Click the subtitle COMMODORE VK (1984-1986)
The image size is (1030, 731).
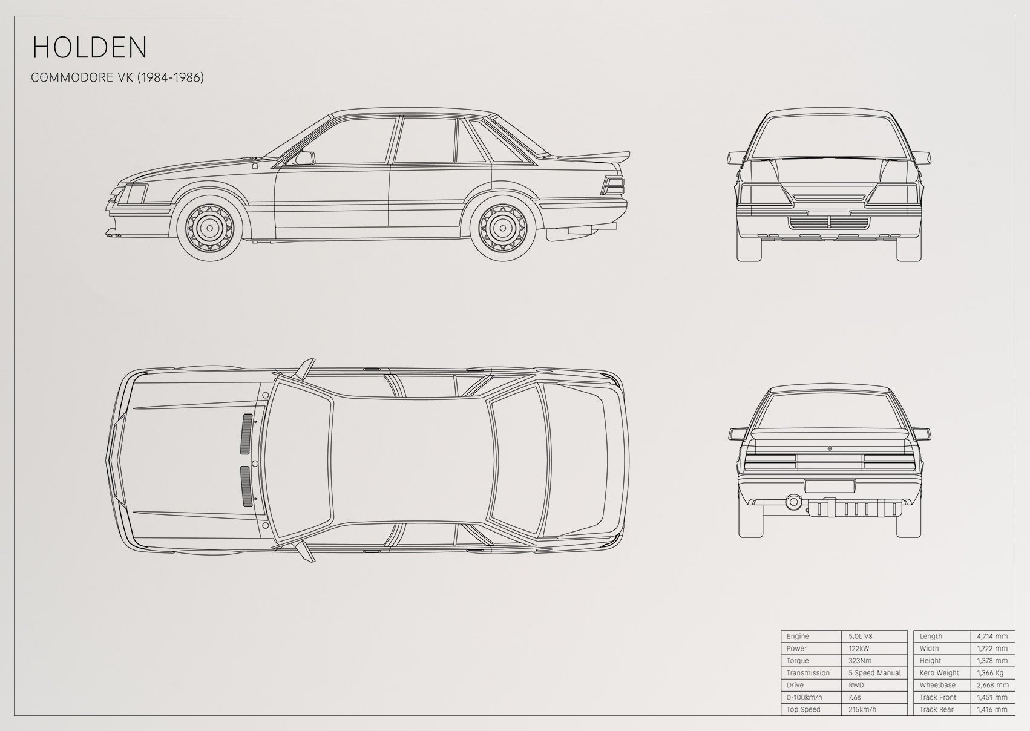point(117,77)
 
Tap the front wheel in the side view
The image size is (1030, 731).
point(209,228)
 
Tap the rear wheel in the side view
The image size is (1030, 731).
point(502,228)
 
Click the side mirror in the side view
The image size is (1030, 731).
point(305,158)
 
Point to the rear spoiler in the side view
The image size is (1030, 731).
point(593,156)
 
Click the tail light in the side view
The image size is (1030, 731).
point(613,186)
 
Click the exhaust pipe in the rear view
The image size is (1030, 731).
point(793,502)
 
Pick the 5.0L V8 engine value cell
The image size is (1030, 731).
point(861,636)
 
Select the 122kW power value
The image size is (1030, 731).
point(859,648)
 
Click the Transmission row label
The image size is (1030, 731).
point(808,673)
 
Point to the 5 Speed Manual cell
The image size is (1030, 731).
point(874,673)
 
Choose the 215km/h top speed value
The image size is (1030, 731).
point(862,709)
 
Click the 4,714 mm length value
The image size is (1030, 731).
point(992,636)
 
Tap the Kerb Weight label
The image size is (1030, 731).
point(939,673)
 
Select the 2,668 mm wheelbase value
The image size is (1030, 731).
point(992,685)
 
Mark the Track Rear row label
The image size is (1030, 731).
point(937,709)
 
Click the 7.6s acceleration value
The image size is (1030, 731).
point(855,697)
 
